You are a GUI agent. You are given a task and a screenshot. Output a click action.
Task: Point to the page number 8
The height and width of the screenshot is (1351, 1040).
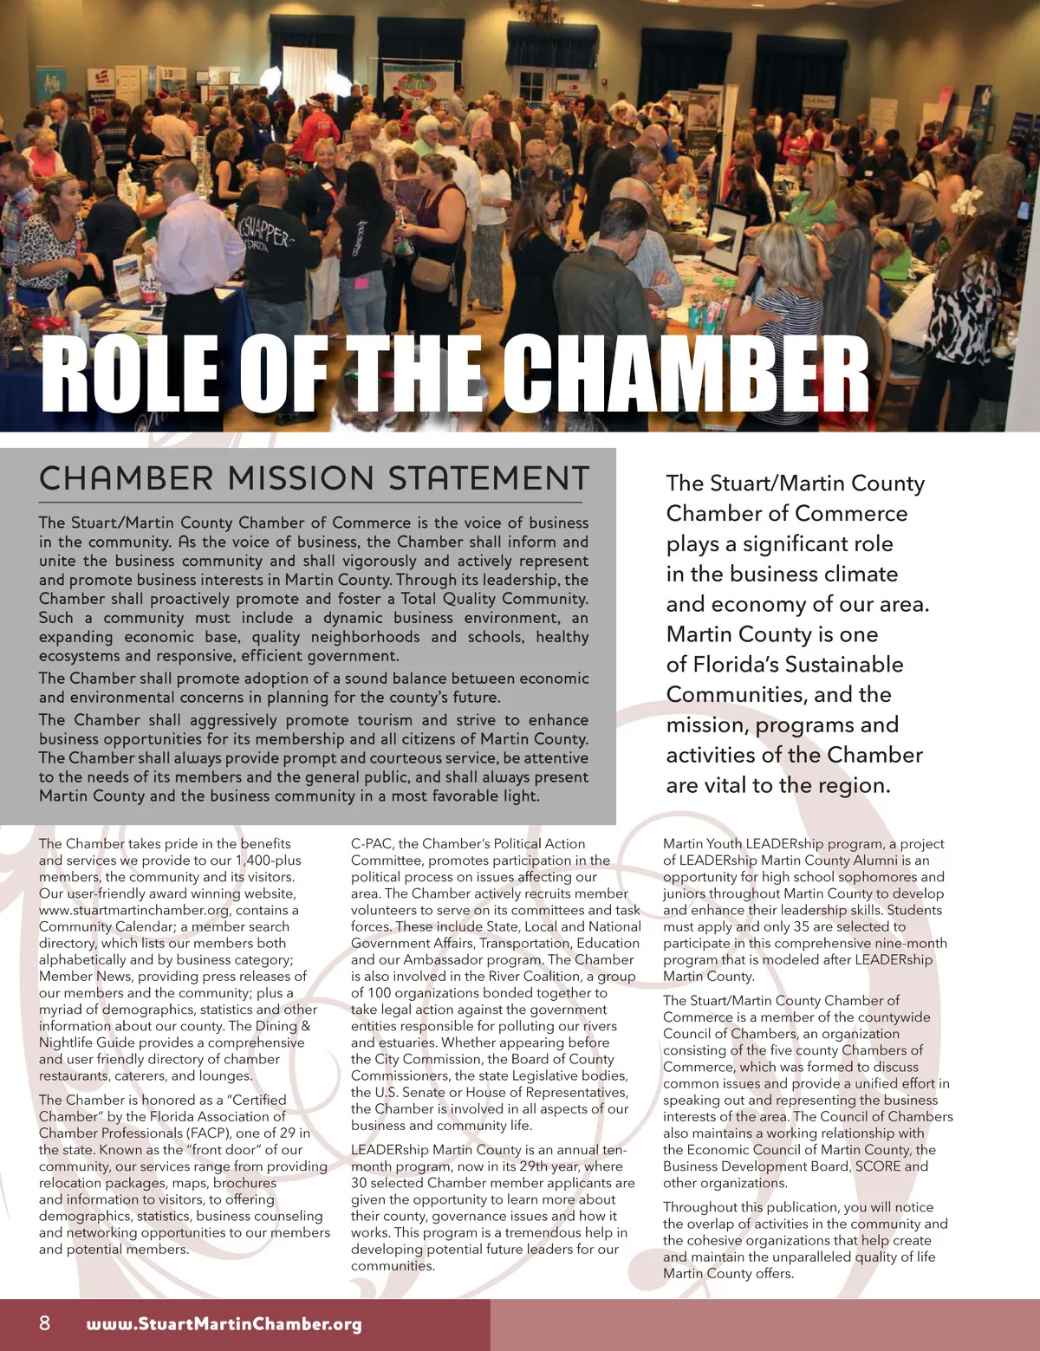point(45,1323)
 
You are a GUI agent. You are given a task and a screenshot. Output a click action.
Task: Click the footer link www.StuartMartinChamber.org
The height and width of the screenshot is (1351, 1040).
point(224,1324)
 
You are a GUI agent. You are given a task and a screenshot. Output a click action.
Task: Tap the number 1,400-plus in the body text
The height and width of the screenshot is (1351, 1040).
point(268,861)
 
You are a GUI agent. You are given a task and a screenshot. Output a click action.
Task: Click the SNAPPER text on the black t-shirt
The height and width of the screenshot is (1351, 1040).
point(269,234)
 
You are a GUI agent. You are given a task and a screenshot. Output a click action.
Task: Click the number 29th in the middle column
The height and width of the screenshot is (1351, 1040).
point(538,1166)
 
